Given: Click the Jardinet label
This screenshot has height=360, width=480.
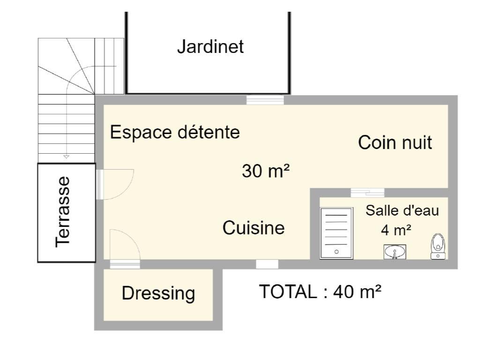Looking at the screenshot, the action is pos(210,47).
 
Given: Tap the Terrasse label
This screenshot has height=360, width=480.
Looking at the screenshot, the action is pos(63,211).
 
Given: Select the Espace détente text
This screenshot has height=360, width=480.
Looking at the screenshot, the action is pos(175,133).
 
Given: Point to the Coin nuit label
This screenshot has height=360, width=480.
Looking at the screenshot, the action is pos(395,142).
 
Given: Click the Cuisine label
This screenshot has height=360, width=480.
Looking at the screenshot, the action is pos(254,228).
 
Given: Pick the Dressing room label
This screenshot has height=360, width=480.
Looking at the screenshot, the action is pos(158,293).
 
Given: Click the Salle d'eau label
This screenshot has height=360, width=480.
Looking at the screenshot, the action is pos(402,210).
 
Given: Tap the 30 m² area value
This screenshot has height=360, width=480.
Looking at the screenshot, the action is pos(266,171).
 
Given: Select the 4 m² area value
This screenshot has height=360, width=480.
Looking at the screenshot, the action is pos(396,230).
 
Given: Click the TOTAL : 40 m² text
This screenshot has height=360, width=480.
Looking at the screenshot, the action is pos(320,292).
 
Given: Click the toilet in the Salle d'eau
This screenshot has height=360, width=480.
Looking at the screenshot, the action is pos(438,247).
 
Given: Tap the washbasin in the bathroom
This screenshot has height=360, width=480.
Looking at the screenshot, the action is pos(395,252).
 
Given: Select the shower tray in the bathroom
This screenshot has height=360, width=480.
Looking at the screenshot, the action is pos(337,233).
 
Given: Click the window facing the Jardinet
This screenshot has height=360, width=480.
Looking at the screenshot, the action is pos(265,100).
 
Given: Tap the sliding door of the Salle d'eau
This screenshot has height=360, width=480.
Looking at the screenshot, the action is pos(367,193).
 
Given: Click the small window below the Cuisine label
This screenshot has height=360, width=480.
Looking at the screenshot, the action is pos(267,264).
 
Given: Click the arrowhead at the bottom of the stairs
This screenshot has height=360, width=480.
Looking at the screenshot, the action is pos(66,157).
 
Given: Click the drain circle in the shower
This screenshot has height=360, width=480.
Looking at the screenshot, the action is pos(337,252).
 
